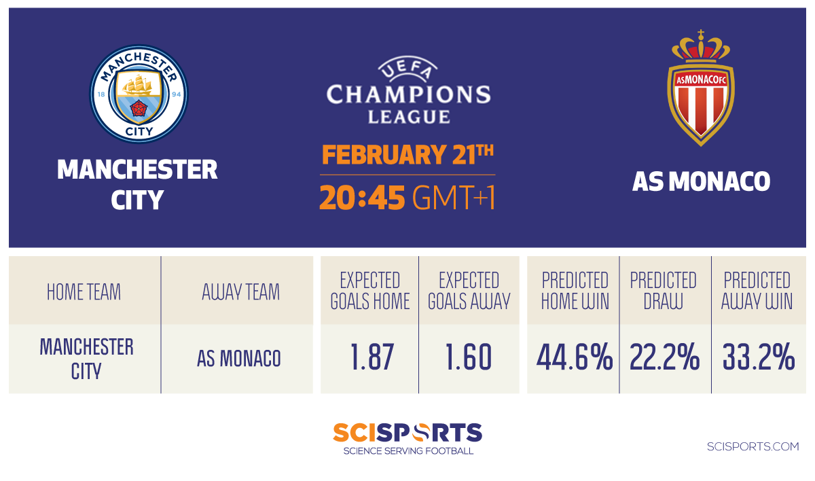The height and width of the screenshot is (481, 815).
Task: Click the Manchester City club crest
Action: [139, 94]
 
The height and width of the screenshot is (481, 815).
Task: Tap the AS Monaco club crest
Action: [701, 88]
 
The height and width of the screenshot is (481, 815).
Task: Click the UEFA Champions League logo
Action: [409, 90]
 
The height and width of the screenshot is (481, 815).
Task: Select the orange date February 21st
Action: [407, 154]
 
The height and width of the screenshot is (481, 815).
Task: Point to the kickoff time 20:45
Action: [362, 198]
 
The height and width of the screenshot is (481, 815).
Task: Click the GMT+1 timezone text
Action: [454, 198]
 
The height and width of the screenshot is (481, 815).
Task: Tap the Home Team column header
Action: [84, 292]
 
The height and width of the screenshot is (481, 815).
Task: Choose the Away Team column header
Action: [241, 292]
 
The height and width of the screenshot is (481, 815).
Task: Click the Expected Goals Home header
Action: [370, 291]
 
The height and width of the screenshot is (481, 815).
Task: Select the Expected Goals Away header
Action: [469, 291]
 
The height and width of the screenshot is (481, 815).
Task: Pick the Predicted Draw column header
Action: [664, 291]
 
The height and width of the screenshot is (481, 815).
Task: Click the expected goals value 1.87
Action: [372, 357]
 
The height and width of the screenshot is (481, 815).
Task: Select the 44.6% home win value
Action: [575, 357]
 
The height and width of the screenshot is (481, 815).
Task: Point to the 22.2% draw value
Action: [664, 357]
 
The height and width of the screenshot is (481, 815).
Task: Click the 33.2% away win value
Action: [759, 357]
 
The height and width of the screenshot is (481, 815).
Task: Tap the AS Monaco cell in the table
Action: [239, 359]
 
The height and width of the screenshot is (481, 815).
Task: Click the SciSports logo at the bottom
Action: [408, 438]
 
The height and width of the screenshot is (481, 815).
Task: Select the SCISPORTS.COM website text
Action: [753, 446]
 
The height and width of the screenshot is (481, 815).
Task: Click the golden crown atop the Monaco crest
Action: [701, 46]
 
